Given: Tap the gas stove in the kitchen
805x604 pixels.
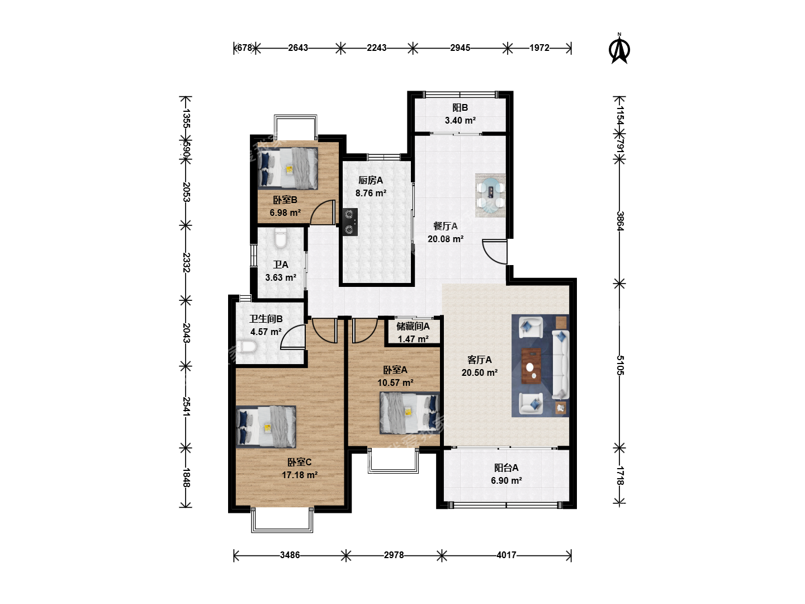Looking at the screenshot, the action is [350, 222].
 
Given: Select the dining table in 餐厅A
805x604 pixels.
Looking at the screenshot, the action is [490, 196].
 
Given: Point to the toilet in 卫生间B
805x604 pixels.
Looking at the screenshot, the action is [246, 347].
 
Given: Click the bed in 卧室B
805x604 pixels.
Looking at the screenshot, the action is [287, 168].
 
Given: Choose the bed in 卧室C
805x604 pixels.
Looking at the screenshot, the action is [266, 427].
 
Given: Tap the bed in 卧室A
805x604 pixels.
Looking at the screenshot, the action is [409, 413].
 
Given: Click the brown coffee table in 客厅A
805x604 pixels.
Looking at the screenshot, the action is [532, 366].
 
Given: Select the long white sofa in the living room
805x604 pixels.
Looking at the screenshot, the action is [560, 364].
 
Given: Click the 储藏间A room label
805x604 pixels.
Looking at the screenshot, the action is [413, 326].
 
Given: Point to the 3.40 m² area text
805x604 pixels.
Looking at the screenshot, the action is [460, 120].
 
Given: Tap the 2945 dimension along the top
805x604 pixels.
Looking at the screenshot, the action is [460, 48].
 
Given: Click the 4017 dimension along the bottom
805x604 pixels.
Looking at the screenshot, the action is [506, 555].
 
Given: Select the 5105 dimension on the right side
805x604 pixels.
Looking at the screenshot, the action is [620, 365].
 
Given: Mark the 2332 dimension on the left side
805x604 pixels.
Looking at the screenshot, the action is [186, 262].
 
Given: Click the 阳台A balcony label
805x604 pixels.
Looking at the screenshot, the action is [506, 468].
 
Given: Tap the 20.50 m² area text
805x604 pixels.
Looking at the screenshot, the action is [479, 372].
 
